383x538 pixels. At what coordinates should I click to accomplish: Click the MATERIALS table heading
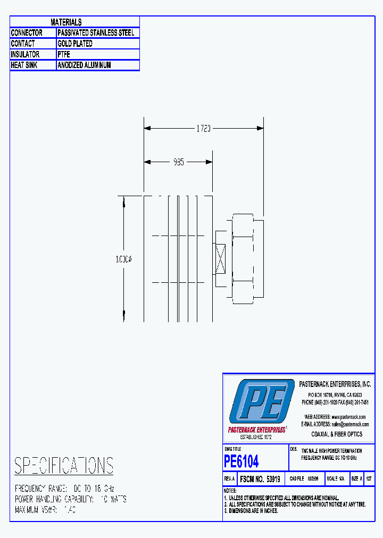pyautogui.click(x=66, y=22)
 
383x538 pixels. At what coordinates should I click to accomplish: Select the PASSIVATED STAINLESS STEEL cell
pyautogui.click(x=96, y=33)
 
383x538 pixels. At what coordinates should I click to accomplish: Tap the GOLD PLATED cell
pyautogui.click(x=75, y=44)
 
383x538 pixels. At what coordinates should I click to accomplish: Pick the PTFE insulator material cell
pyautogui.click(x=64, y=55)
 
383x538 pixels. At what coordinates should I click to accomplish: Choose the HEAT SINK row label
pyautogui.click(x=25, y=65)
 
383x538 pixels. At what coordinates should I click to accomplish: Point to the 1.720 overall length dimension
pyautogui.click(x=203, y=129)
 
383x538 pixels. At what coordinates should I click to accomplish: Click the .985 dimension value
pyautogui.click(x=178, y=162)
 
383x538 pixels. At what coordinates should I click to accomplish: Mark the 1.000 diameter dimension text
pyautogui.click(x=124, y=259)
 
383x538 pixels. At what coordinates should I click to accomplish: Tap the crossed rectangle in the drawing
pyautogui.click(x=220, y=259)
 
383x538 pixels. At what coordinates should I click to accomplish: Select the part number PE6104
pyautogui.click(x=242, y=460)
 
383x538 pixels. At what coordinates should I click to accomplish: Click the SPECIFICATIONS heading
pyautogui.click(x=63, y=466)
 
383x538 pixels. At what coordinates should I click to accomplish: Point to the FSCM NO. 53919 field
pyautogui.click(x=260, y=478)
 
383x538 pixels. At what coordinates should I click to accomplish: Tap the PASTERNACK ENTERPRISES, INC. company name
pyautogui.click(x=335, y=384)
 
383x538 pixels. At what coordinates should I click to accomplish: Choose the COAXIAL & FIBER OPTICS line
pyautogui.click(x=337, y=434)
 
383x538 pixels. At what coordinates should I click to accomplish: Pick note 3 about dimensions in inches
pyautogui.click(x=251, y=511)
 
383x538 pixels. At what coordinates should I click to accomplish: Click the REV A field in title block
pyautogui.click(x=229, y=478)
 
